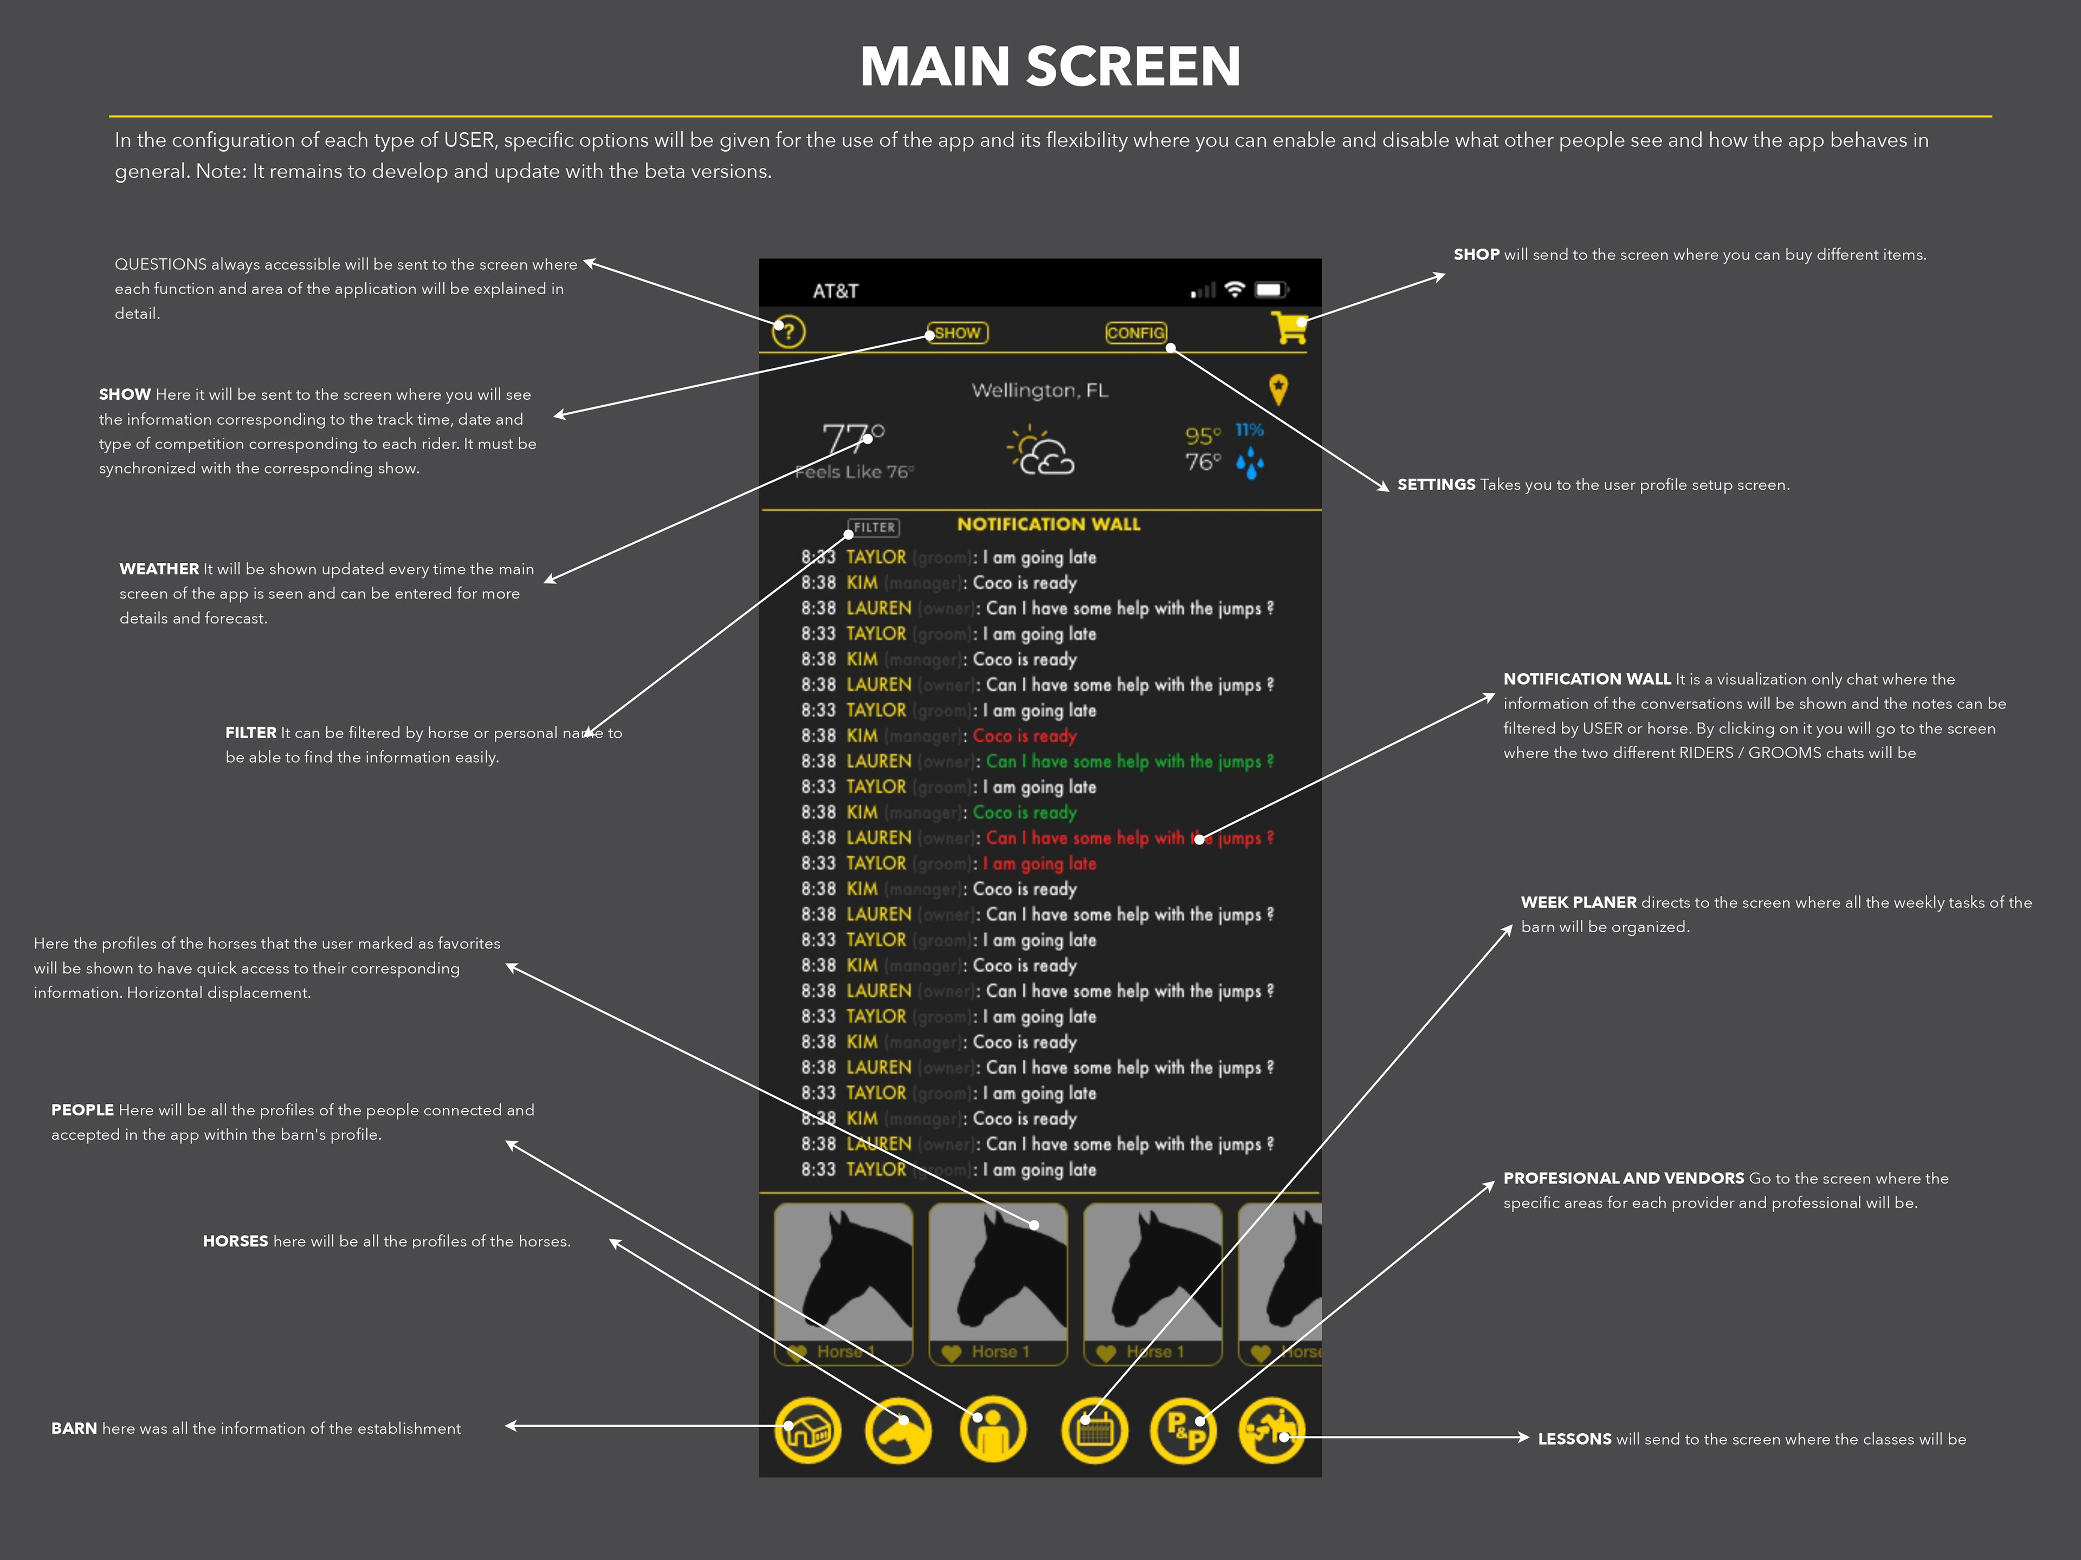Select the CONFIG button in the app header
tap(1135, 333)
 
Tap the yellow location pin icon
tap(1277, 388)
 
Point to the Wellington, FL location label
tap(1039, 390)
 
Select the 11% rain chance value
tap(1249, 430)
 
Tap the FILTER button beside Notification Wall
tap(874, 528)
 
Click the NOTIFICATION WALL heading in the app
tap(1048, 524)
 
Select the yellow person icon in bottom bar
tap(992, 1430)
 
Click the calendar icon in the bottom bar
tap(1094, 1430)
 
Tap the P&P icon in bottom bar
tap(1184, 1430)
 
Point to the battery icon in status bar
tap(1270, 290)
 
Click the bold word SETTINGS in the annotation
tap(1436, 484)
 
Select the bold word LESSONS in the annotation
tap(1574, 1439)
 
